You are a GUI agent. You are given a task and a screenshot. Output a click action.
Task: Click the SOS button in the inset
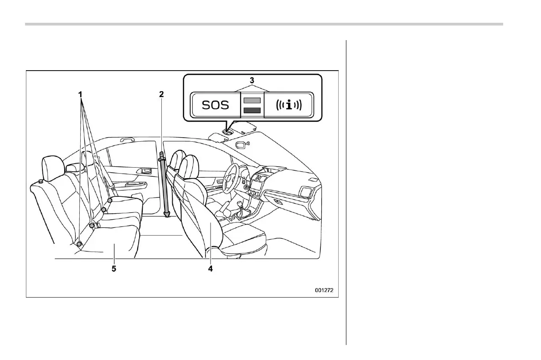pyautogui.click(x=216, y=106)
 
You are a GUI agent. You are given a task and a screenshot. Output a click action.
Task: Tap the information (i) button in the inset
pyautogui.click(x=288, y=106)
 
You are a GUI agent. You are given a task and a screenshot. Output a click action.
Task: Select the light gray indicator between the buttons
pyautogui.click(x=252, y=100)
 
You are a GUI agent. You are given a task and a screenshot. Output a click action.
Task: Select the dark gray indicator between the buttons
pyautogui.click(x=252, y=110)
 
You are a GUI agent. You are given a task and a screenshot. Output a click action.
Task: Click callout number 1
pyautogui.click(x=80, y=94)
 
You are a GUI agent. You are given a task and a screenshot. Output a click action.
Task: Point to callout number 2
pyautogui.click(x=161, y=94)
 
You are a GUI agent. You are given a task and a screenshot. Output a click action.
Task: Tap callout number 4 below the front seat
pyautogui.click(x=210, y=268)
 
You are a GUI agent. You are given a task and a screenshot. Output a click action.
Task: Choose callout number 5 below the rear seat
pyautogui.click(x=114, y=268)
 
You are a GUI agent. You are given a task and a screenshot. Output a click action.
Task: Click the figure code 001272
pyautogui.click(x=327, y=289)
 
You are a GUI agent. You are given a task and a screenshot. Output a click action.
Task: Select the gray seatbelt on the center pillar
pyautogui.click(x=164, y=185)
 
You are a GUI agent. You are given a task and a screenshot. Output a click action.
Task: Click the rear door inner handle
pyautogui.click(x=146, y=171)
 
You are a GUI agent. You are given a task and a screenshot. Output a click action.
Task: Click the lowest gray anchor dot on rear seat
pyautogui.click(x=79, y=244)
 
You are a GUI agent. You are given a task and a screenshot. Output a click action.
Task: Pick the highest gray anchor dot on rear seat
pyautogui.click(x=110, y=201)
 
